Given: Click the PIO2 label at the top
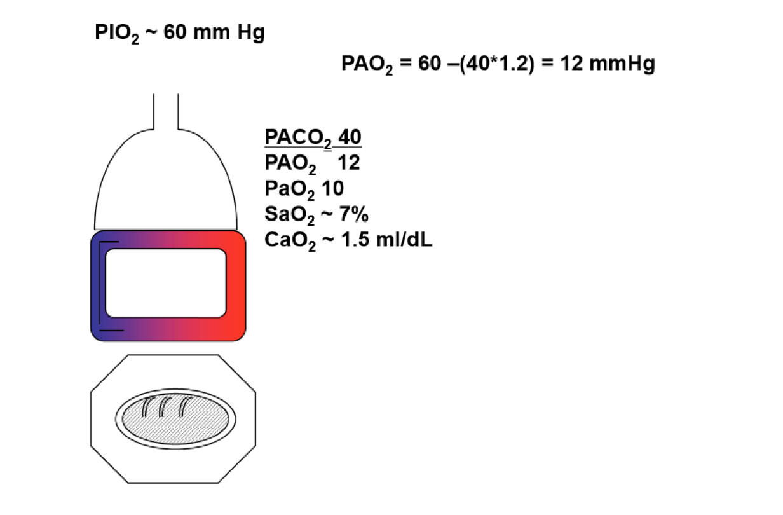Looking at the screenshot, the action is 116,33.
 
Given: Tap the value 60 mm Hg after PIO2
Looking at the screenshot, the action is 214,32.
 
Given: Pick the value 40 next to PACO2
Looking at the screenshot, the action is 350,138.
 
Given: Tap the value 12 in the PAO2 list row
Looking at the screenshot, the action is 349,163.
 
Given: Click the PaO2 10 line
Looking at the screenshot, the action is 304,189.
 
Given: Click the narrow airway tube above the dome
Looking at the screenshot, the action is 165,111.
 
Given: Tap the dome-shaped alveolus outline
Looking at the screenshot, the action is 166,184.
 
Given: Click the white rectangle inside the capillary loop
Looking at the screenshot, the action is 166,284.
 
